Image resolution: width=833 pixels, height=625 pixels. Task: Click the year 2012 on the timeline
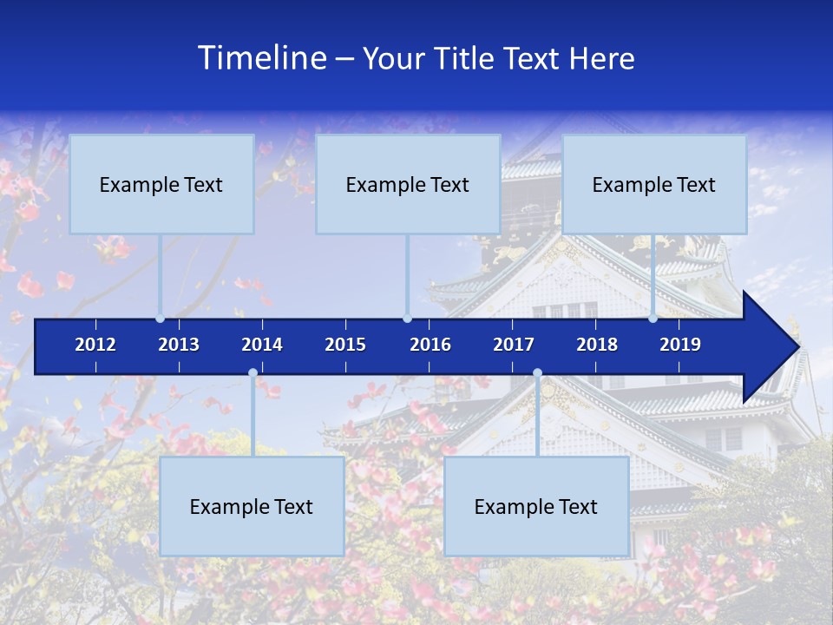tap(95, 345)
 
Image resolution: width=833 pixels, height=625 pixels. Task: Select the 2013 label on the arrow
tap(179, 345)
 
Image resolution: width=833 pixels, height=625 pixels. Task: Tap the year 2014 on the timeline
tap(262, 345)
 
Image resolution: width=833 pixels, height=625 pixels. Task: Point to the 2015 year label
tap(345, 345)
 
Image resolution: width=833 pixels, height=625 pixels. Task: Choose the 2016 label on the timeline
tap(430, 345)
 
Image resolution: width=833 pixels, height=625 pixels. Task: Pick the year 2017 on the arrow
tap(514, 345)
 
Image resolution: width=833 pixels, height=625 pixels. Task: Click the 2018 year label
tap(597, 345)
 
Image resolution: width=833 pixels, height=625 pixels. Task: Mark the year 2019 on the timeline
tap(680, 345)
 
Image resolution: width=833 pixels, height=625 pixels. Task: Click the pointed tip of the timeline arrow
tap(797, 347)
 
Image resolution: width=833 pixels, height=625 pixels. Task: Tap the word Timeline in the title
tap(261, 57)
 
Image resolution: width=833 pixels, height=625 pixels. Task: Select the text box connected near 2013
tap(161, 184)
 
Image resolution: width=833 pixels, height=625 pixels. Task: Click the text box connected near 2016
tap(408, 184)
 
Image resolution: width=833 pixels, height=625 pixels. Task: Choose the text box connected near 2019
tap(654, 184)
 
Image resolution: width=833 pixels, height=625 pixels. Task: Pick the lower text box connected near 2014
tap(252, 507)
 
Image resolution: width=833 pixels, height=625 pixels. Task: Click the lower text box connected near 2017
tap(536, 507)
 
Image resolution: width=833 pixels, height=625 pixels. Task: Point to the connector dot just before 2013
tap(161, 318)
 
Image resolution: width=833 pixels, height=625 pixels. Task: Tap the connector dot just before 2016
tap(407, 318)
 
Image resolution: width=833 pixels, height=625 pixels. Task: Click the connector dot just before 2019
tap(653, 318)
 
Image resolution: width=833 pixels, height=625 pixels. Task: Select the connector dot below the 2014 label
tap(253, 373)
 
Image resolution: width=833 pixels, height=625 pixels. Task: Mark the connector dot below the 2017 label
tap(537, 373)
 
